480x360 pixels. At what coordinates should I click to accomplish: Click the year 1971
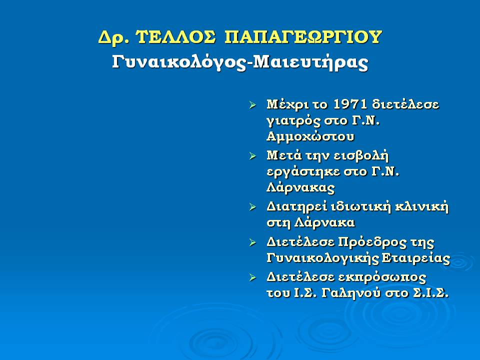coord(350,104)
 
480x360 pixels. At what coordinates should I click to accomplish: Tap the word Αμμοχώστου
coord(310,136)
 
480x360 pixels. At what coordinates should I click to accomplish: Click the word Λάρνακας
coord(300,187)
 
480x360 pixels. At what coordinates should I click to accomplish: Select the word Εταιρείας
coord(416,258)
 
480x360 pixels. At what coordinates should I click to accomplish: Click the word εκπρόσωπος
coord(382,278)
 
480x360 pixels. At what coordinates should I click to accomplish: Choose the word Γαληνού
coord(351,293)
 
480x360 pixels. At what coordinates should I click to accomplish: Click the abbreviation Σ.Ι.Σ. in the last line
coord(430,293)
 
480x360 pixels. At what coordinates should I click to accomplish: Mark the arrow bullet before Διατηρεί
coord(252,207)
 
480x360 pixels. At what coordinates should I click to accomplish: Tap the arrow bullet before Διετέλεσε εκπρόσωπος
coord(252,278)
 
